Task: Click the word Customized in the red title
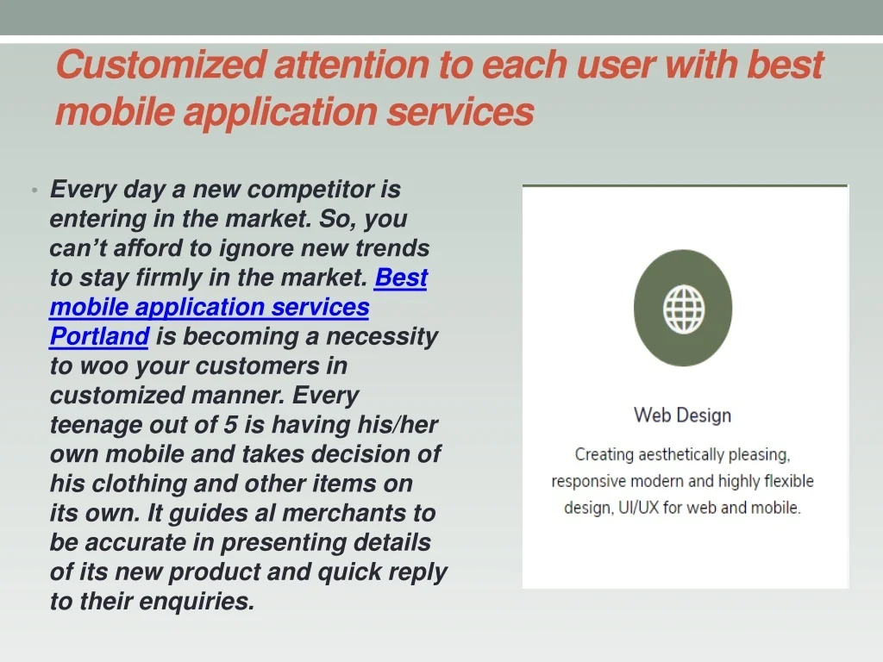pos(161,65)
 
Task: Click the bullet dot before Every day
pos(34,190)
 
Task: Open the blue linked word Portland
pos(99,337)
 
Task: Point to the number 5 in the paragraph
pos(230,425)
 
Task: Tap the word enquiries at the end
pos(197,602)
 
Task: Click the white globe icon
pos(683,309)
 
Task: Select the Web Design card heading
pos(683,415)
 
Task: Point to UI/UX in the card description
pos(639,508)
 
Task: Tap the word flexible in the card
pos(789,481)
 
